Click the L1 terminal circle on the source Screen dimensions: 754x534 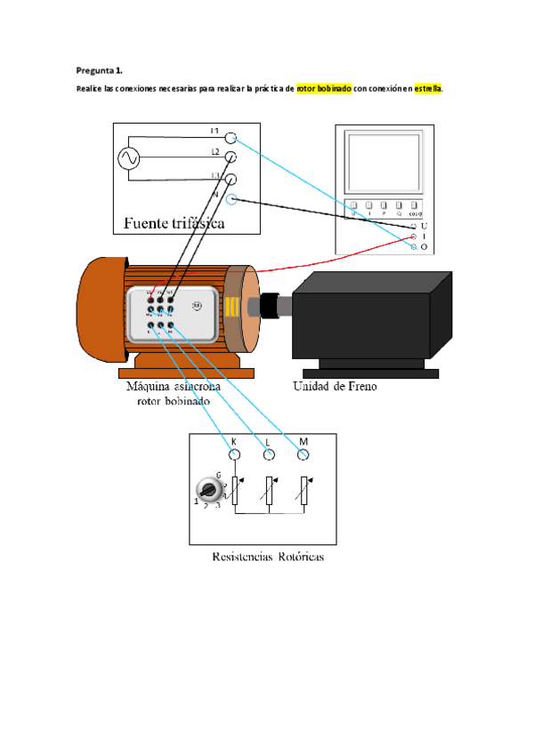pyautogui.click(x=231, y=138)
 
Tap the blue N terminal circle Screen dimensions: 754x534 pyautogui.click(x=231, y=199)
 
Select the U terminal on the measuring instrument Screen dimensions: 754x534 pyautogui.click(x=414, y=227)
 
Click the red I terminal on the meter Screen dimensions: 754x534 pyautogui.click(x=414, y=237)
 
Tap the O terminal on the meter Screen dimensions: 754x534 pyautogui.click(x=414, y=246)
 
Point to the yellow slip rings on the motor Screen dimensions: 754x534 pyautogui.click(x=231, y=308)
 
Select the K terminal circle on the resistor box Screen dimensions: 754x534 pyautogui.click(x=235, y=455)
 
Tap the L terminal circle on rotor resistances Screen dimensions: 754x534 pyautogui.click(x=269, y=455)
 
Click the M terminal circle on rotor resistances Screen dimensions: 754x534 pyautogui.click(x=303, y=455)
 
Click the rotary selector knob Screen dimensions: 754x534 pyautogui.click(x=208, y=490)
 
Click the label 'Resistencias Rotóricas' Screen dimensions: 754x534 pyautogui.click(x=268, y=557)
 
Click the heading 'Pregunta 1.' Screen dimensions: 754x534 pyautogui.click(x=99, y=68)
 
